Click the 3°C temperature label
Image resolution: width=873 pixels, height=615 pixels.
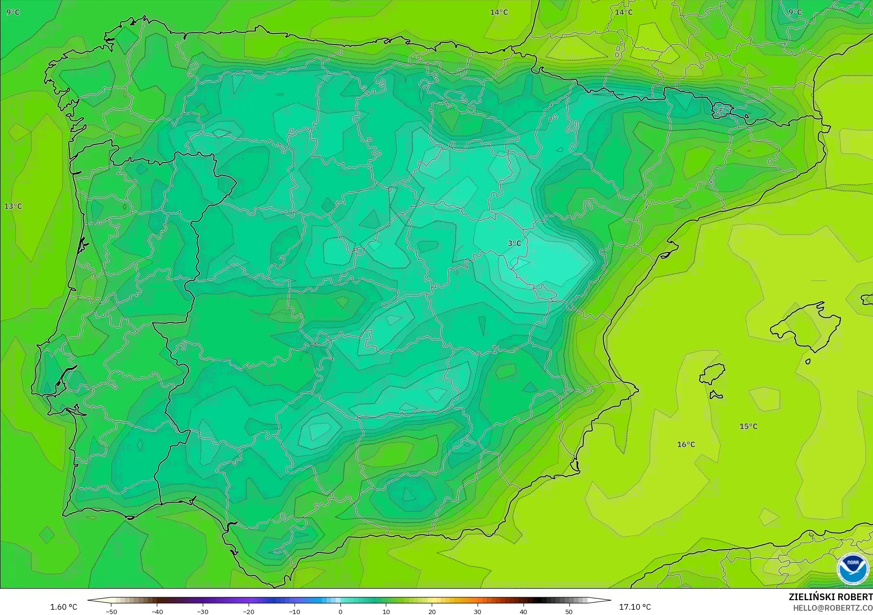[514, 243]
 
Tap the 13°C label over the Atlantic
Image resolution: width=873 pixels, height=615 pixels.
[13, 206]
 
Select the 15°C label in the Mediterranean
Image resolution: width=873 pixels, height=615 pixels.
[748, 426]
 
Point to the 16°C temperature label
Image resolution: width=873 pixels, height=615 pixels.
[686, 444]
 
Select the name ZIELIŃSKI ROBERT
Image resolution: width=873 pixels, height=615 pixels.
[830, 597]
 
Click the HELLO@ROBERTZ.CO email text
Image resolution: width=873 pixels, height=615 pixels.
[832, 608]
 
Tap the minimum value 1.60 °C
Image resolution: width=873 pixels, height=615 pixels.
[64, 607]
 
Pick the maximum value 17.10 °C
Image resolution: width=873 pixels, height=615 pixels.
[635, 607]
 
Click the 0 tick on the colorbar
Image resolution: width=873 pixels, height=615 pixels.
[340, 612]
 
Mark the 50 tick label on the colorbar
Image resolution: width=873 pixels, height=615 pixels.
[569, 612]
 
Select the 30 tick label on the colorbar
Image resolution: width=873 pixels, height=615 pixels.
[478, 612]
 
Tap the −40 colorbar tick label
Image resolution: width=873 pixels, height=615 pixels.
[157, 612]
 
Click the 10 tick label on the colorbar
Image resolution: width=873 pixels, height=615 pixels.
[386, 612]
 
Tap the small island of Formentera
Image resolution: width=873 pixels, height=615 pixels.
[716, 395]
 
